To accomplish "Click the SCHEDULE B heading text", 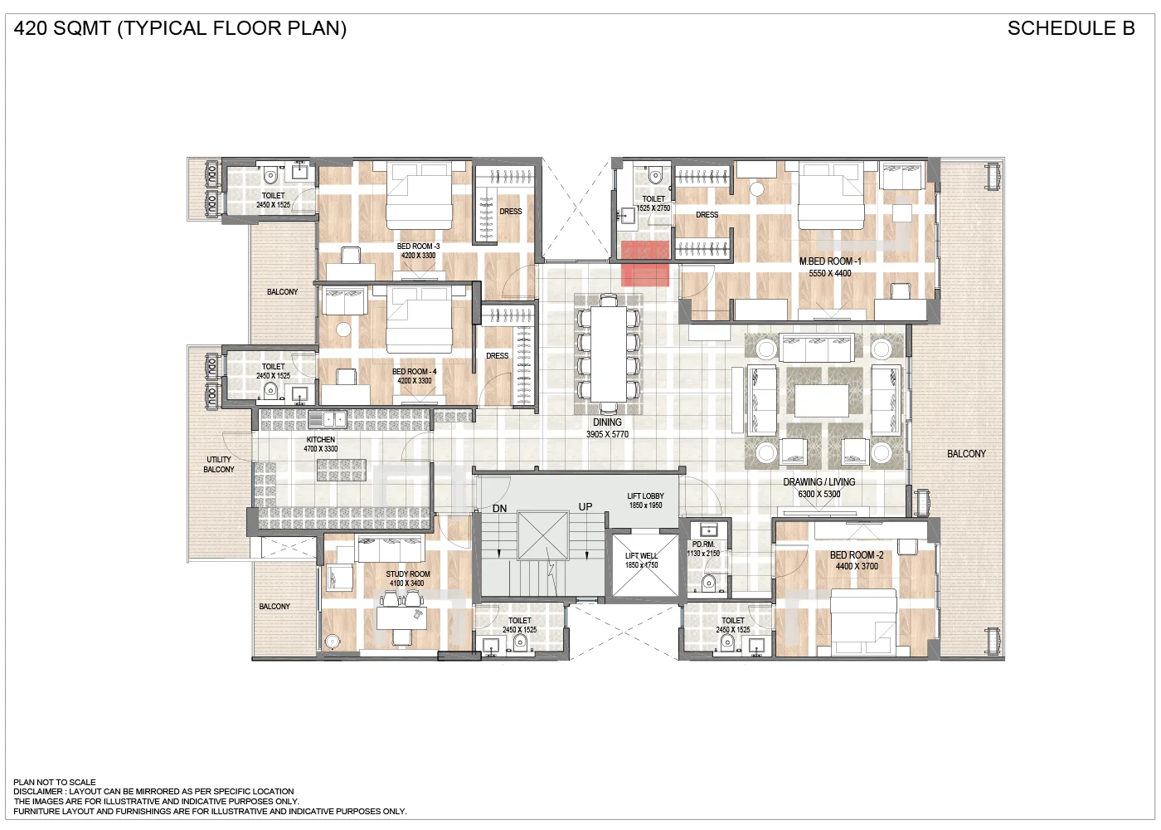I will (x=1071, y=28).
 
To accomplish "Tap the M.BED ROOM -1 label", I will (x=830, y=261).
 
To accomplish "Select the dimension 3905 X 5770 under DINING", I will (x=607, y=434).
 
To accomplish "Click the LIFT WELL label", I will (x=641, y=556).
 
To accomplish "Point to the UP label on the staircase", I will (x=585, y=507).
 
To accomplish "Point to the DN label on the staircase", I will (x=499, y=509).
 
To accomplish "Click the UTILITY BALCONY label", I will (x=219, y=464).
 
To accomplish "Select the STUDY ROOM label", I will (x=407, y=574).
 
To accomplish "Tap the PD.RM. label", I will (x=703, y=544).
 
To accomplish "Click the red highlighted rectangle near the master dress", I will (x=645, y=263).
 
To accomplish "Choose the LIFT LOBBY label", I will (x=645, y=496).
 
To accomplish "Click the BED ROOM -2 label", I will (x=857, y=555).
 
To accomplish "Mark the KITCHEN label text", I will (x=321, y=440).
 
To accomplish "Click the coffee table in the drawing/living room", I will (x=821, y=400).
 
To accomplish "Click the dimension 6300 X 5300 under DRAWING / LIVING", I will (x=819, y=494).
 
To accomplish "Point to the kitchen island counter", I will (x=341, y=470).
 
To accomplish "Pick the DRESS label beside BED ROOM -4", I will (x=498, y=355).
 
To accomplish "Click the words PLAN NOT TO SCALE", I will (x=55, y=782).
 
